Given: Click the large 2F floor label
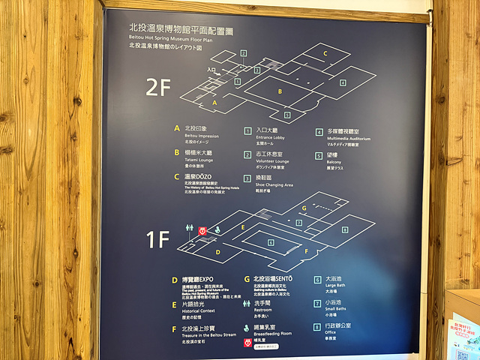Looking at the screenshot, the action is pos(158,87).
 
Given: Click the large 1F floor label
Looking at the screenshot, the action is pos(158,239).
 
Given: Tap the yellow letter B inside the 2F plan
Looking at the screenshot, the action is pos(280,91).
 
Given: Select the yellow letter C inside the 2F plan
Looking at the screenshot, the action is pos(325,54).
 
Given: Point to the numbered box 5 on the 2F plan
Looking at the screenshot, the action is pos(287,115).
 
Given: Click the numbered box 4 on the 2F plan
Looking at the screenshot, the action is pos(343,82).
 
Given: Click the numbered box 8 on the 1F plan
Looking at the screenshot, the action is pos(346,229).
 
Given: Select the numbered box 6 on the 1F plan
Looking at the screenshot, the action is pos(271,241).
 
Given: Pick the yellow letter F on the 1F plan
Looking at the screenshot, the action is pos(306,250).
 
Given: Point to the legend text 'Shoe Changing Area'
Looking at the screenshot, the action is pos(274,184).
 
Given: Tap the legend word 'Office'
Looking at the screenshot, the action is pos(334,333).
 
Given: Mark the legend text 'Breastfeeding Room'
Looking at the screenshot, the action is pos(274,334).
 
